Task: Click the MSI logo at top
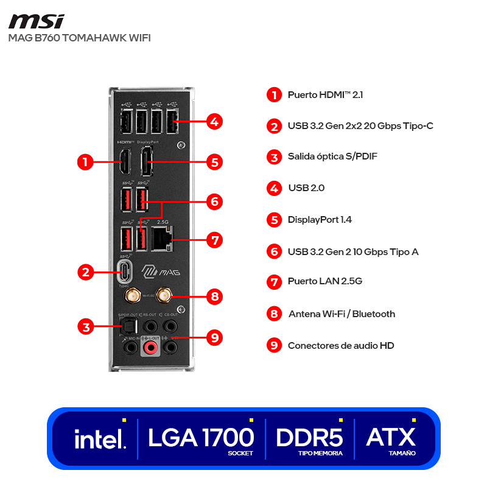(37, 21)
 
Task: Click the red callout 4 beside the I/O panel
(214, 121)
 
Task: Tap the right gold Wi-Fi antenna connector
(163, 295)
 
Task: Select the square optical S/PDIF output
(126, 329)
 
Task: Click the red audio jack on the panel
(150, 348)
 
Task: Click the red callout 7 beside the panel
(214, 239)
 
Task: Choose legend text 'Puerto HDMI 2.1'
(325, 95)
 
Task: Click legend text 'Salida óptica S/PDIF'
(332, 156)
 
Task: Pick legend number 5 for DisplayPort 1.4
(275, 220)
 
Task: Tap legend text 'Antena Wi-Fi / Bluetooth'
(341, 314)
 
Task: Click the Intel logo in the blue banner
(100, 438)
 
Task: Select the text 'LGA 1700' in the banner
(201, 437)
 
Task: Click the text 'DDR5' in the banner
(309, 437)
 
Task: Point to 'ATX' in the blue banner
(391, 436)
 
